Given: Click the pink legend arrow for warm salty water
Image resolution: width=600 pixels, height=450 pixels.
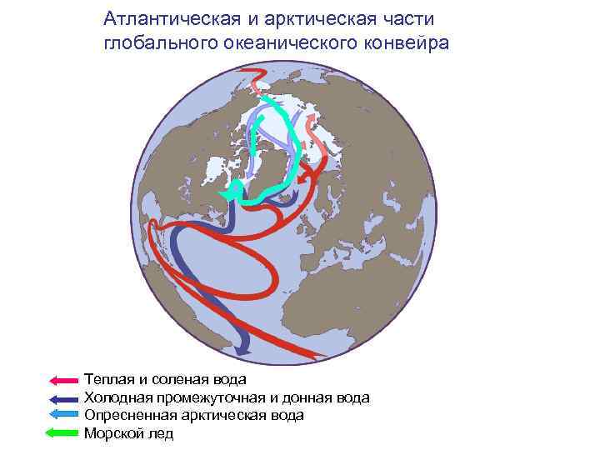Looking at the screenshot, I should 63,381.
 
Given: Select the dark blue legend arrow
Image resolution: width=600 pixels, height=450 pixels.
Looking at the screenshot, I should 63,399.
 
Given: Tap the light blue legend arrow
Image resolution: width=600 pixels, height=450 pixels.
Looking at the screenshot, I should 63,415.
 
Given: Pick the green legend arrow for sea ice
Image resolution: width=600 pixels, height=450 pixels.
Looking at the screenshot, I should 63,432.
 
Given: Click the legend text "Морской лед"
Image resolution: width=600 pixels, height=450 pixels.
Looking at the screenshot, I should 128,433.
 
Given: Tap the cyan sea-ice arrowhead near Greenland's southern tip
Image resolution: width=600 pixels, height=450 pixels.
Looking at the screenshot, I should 226,194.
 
